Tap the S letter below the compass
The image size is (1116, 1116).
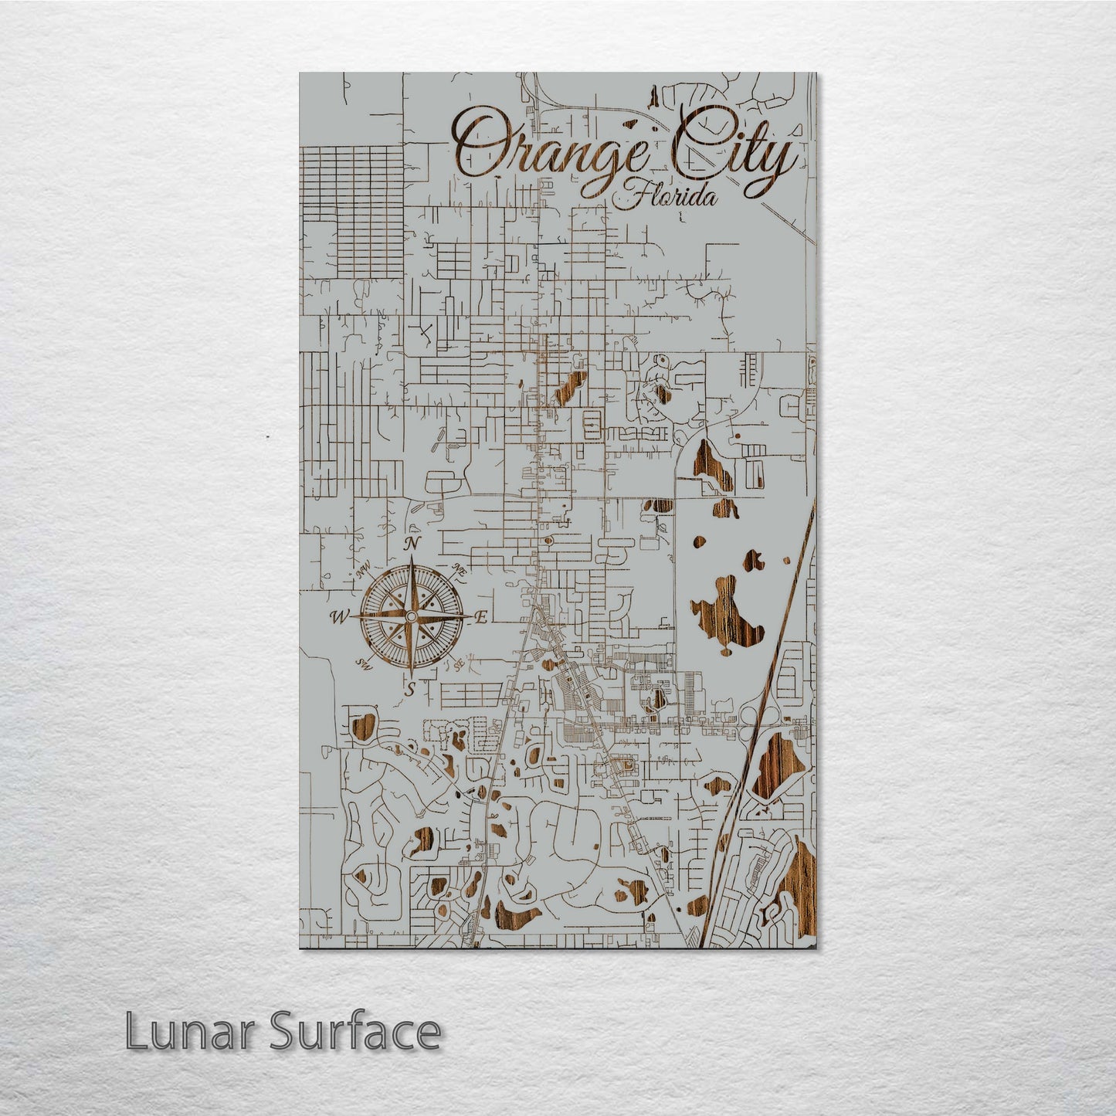[412, 688]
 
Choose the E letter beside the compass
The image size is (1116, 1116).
[480, 616]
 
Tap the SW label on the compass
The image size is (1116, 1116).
[362, 663]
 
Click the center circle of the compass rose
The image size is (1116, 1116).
[411, 616]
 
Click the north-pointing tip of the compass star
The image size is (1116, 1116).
[412, 563]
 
